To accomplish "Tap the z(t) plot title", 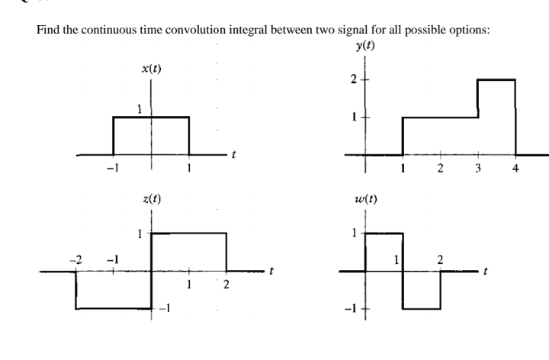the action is point(151,200).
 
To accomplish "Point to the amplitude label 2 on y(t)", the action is point(353,79).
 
